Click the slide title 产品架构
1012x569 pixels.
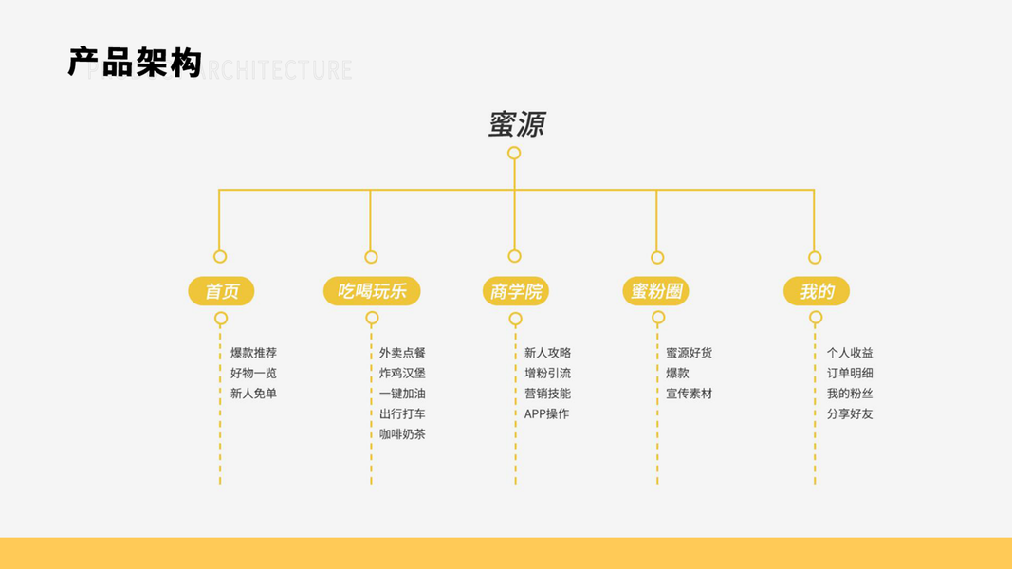(x=135, y=63)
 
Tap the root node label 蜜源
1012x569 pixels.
(x=517, y=124)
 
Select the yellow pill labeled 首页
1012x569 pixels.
(x=221, y=291)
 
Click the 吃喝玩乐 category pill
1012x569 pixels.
(x=372, y=291)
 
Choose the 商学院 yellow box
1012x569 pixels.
(x=515, y=291)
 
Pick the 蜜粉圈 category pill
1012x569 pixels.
(x=656, y=291)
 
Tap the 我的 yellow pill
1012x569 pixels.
(x=816, y=291)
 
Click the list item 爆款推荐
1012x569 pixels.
(x=253, y=353)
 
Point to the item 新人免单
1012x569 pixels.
(x=253, y=394)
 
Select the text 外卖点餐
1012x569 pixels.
(x=402, y=353)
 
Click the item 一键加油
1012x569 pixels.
(x=402, y=394)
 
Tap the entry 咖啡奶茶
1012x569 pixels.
(x=402, y=434)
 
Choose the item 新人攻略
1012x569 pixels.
(x=547, y=353)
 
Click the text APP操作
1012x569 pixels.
(x=546, y=414)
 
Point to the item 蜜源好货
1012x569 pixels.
(x=689, y=353)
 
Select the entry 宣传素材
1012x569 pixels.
(x=689, y=394)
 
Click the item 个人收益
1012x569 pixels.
(x=850, y=353)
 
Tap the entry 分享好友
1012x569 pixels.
(x=850, y=414)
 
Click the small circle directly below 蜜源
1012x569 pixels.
(x=514, y=153)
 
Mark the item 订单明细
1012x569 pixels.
(x=850, y=374)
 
